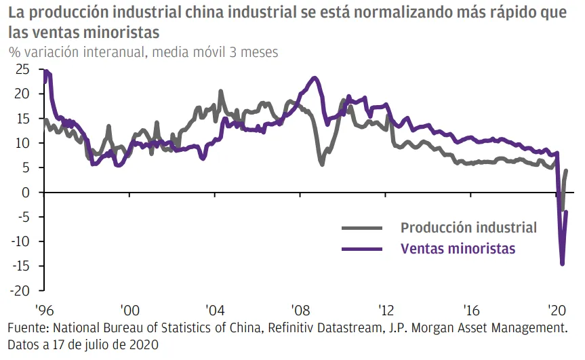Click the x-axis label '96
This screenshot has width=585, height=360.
pyautogui.click(x=45, y=310)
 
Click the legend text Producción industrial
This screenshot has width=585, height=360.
pyautogui.click(x=468, y=228)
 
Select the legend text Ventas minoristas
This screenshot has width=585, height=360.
pyautogui.click(x=458, y=248)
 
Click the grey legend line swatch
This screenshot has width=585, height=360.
pyautogui.click(x=363, y=228)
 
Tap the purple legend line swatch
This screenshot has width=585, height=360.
pyautogui.click(x=363, y=248)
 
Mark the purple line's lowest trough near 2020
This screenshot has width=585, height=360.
pyautogui.click(x=562, y=264)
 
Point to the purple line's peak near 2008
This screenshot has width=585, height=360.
pyautogui.click(x=314, y=78)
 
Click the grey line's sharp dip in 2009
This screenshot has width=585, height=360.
pyautogui.click(x=321, y=164)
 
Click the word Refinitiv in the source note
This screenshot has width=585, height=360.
pyautogui.click(x=296, y=329)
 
